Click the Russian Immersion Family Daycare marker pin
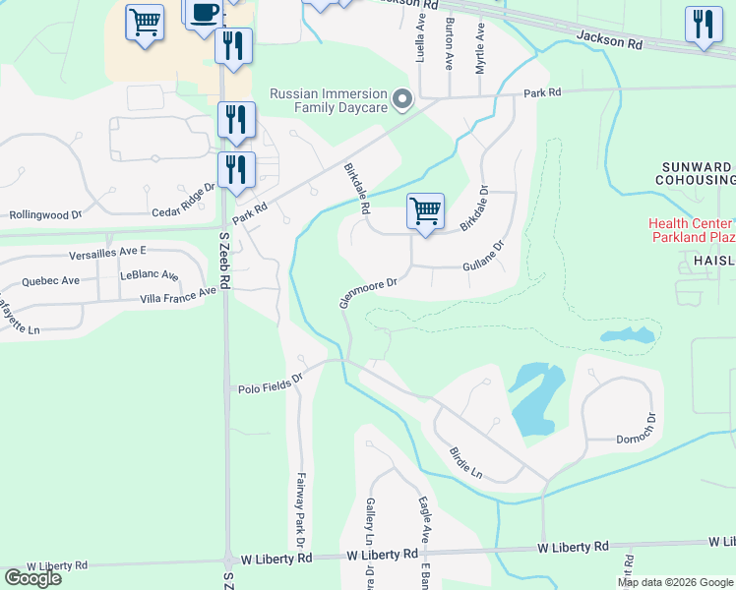pyautogui.click(x=401, y=99)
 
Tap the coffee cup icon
pyautogui.click(x=204, y=13)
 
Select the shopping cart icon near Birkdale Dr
pyautogui.click(x=425, y=210)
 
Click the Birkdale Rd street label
pyautogui.click(x=356, y=189)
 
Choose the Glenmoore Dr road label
pyautogui.click(x=368, y=292)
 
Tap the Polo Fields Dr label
pyautogui.click(x=270, y=388)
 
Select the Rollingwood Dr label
pyautogui.click(x=45, y=213)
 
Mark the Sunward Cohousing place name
pyautogui.click(x=694, y=173)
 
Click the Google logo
pyautogui.click(x=32, y=578)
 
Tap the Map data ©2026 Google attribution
pyautogui.click(x=673, y=582)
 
